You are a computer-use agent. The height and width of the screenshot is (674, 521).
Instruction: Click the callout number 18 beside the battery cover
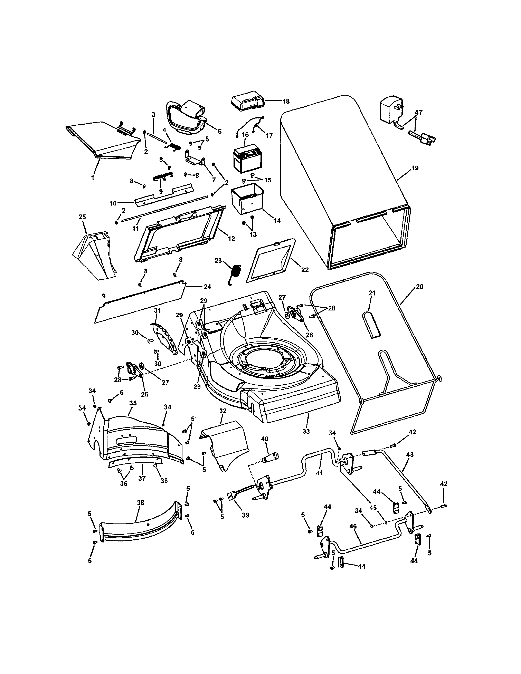286,101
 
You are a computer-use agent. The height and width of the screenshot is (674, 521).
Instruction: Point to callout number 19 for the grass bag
415,168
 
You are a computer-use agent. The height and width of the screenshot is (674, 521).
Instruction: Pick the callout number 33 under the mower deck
306,431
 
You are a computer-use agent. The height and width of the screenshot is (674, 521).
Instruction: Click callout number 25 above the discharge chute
82,217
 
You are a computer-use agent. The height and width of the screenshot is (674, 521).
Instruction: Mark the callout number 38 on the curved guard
140,503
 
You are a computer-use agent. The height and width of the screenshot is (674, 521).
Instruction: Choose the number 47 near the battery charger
418,113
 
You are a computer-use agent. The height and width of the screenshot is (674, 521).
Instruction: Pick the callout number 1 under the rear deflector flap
92,178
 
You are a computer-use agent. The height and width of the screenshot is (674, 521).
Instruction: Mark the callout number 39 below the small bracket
245,515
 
